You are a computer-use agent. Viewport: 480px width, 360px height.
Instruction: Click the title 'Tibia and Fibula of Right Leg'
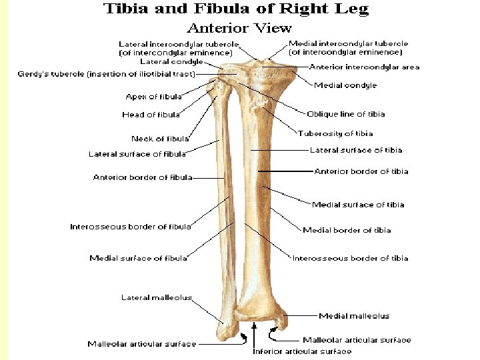235,9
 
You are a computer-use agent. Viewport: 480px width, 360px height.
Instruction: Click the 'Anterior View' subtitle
239,28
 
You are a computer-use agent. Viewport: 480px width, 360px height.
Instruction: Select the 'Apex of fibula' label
153,97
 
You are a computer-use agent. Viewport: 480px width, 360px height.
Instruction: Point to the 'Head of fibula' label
151,115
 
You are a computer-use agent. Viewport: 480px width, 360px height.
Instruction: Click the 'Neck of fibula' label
160,139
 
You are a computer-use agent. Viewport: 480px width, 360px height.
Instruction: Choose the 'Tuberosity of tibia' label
335,133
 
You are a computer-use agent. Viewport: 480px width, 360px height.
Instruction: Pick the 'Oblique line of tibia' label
345,114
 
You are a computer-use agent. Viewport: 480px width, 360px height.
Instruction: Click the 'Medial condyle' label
345,85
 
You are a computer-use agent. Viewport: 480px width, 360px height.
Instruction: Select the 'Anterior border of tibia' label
361,171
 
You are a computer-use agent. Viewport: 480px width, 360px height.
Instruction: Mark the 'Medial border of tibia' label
347,230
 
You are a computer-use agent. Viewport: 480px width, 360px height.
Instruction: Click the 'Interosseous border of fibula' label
131,227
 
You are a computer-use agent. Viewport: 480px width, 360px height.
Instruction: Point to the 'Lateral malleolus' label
156,297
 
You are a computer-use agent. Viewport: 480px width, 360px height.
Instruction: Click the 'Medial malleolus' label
354,316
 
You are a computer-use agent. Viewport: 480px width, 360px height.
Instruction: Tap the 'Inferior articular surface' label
302,351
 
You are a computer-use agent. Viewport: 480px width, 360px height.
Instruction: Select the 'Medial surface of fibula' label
138,258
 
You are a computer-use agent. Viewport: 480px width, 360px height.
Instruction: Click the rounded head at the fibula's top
215,87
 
